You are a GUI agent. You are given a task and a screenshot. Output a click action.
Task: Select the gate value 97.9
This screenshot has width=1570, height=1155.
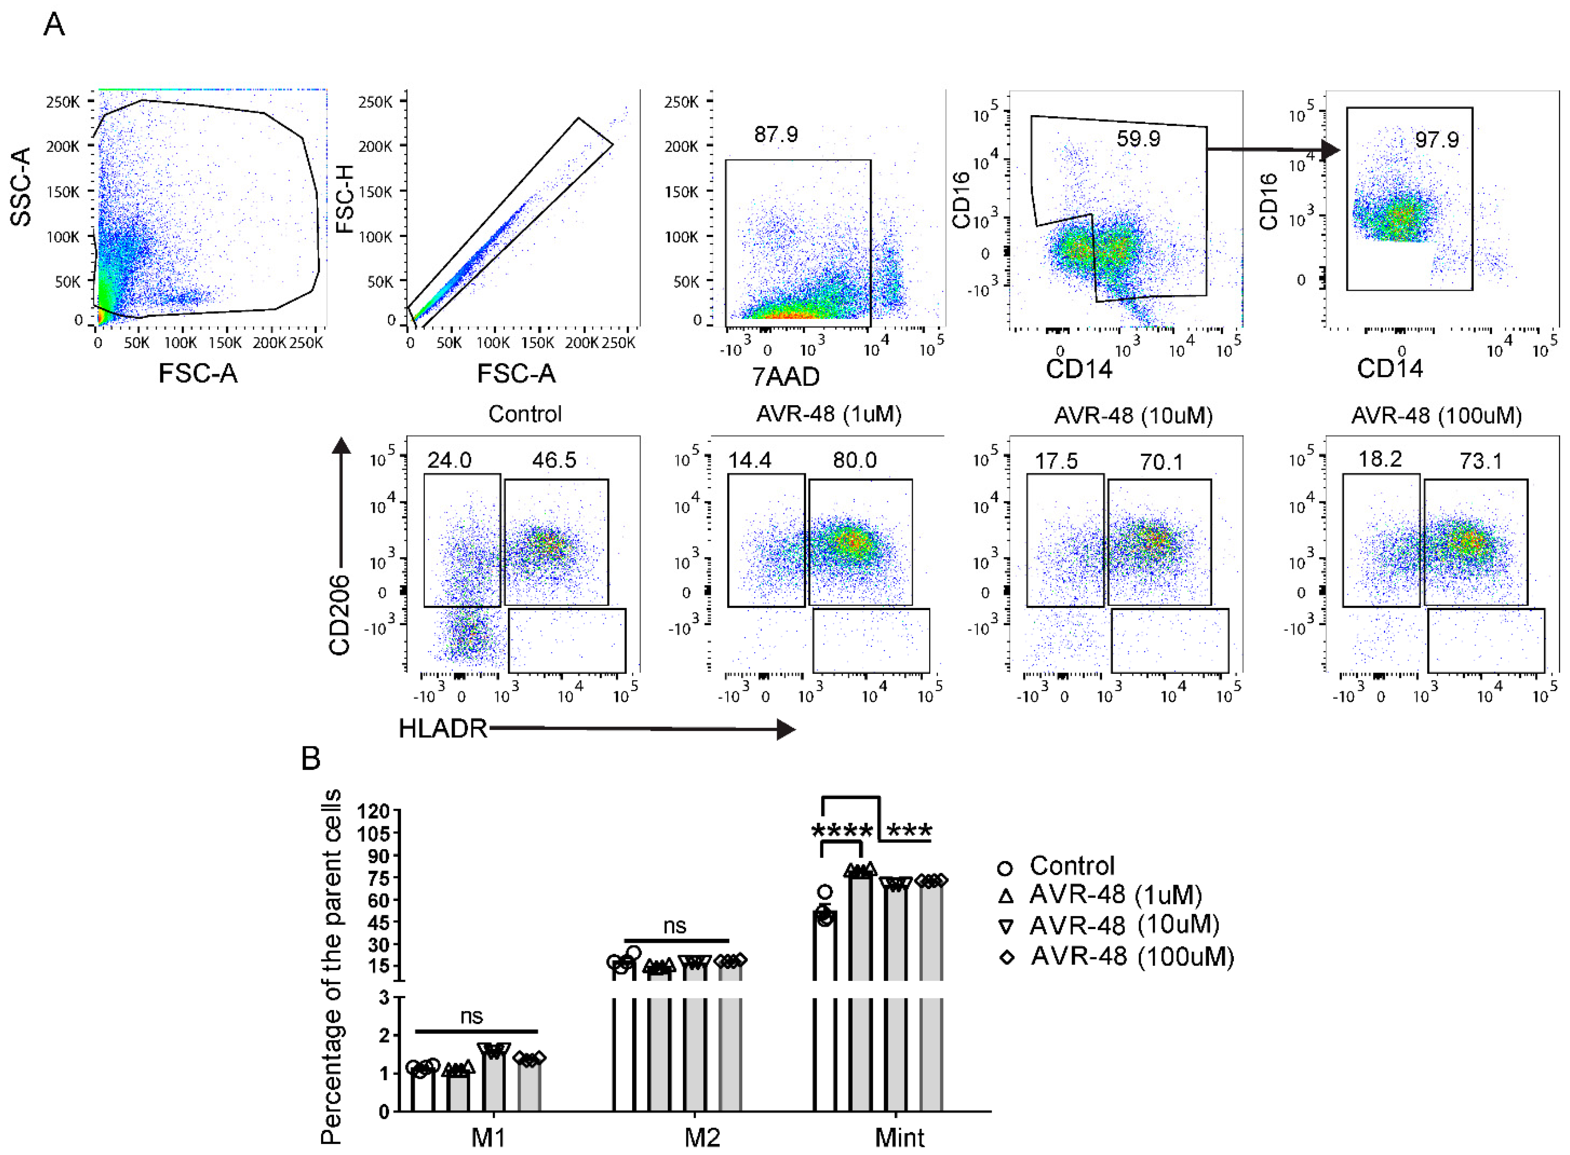tap(1437, 139)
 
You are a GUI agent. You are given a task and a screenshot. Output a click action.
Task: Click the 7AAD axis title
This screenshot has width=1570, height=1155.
tap(785, 377)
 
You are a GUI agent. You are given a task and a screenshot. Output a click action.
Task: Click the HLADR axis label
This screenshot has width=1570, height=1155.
tap(442, 728)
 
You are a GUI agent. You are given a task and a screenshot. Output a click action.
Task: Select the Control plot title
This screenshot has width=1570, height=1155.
tap(525, 414)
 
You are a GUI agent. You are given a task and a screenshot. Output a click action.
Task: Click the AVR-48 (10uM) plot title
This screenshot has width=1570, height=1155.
tap(1133, 415)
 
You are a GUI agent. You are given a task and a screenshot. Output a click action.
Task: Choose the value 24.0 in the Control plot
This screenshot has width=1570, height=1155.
tap(449, 460)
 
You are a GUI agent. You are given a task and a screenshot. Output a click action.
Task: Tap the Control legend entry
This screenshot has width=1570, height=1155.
tap(1071, 865)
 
